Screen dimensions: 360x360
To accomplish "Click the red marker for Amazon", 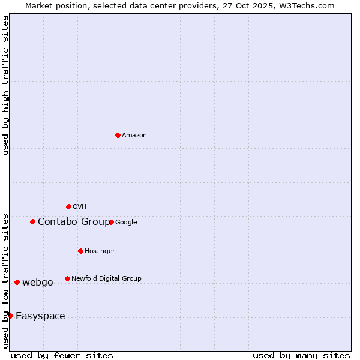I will (x=118, y=135).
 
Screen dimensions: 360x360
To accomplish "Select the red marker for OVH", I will (x=68, y=206).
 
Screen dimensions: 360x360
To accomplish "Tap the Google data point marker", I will (x=111, y=222).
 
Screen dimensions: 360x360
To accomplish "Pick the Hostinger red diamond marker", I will (x=80, y=251).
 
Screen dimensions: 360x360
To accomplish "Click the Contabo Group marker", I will (x=32, y=222).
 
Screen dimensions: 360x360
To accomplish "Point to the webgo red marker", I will (x=17, y=282).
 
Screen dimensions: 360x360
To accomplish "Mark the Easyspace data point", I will (x=10, y=316).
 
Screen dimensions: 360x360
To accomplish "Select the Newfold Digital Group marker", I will (x=67, y=278).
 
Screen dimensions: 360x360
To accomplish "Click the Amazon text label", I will (x=134, y=136).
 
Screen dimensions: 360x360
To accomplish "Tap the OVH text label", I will (x=80, y=207).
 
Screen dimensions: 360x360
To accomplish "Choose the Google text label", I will (x=126, y=223).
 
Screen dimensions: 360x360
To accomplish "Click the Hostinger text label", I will (x=100, y=251).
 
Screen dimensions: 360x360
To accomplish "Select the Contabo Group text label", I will (x=74, y=222).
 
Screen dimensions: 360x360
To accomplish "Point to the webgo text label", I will (x=38, y=283).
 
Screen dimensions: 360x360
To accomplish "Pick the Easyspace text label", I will (x=40, y=316).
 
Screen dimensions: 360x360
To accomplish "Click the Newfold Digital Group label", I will (x=106, y=279).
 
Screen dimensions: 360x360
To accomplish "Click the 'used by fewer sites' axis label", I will (x=62, y=355).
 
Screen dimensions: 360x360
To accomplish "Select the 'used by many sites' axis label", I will (x=301, y=355).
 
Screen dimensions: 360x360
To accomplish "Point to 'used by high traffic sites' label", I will (x=5, y=85).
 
